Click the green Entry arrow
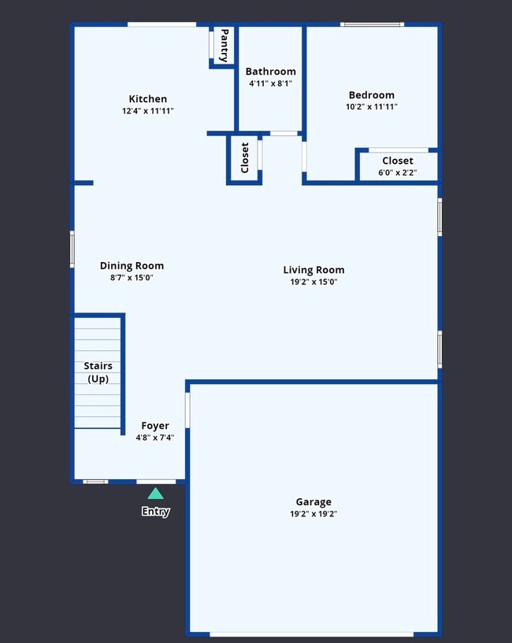156,493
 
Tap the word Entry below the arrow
156,512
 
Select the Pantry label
224,46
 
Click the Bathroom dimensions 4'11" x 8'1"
271,83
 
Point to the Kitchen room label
148,99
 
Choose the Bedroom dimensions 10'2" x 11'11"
372,106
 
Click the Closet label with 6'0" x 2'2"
398,161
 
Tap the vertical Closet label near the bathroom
245,158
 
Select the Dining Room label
132,266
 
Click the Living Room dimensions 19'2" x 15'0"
314,282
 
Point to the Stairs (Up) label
98,372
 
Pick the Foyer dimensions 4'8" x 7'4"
155,438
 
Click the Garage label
314,502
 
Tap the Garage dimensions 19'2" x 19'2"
314,514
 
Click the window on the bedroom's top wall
373,24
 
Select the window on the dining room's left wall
72,249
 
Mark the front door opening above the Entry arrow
156,482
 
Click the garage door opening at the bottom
312,634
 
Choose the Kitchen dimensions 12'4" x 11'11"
148,111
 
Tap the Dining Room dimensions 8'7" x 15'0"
132,278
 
